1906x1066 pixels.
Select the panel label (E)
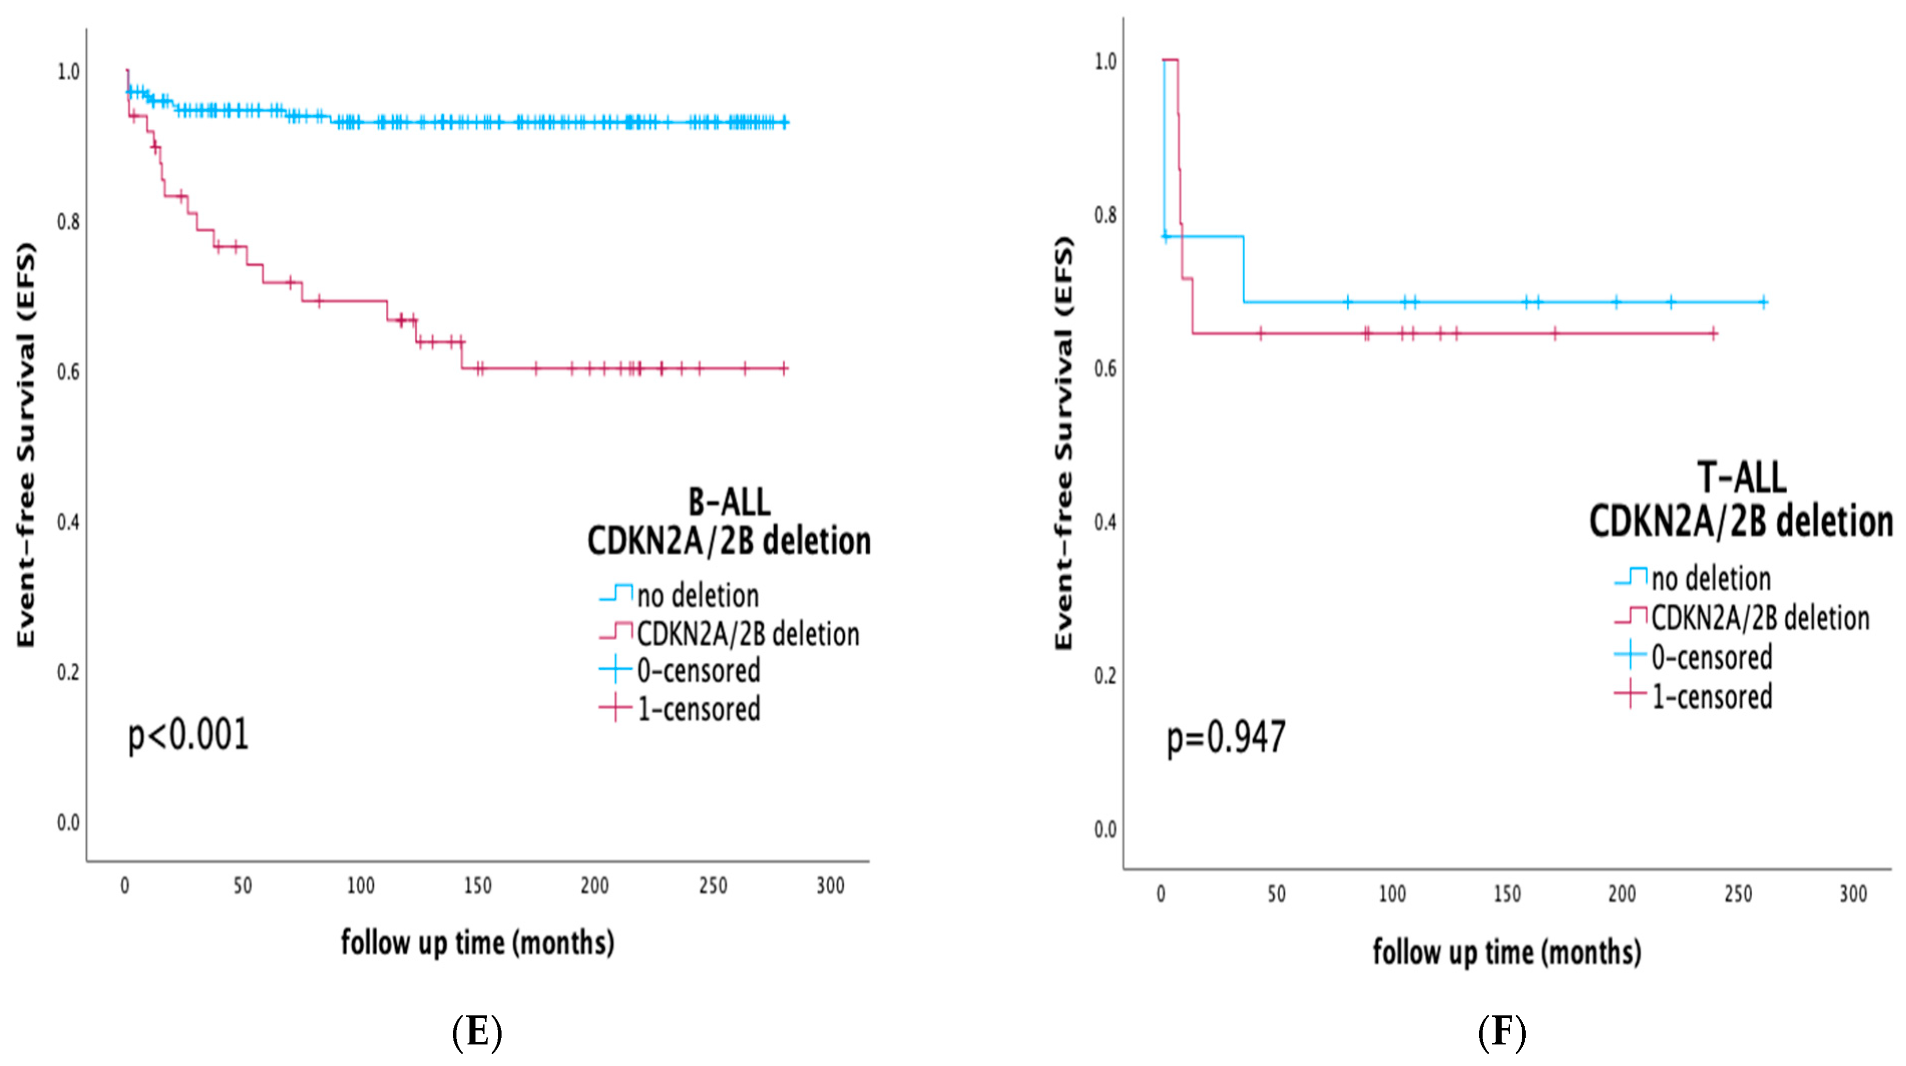[476, 1032]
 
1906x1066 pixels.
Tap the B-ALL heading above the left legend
[729, 503]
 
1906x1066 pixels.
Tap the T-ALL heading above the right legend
[1741, 477]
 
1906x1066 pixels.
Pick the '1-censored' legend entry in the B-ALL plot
[698, 709]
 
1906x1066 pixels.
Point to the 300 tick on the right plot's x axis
[1853, 894]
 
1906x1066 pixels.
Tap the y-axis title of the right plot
[1063, 444]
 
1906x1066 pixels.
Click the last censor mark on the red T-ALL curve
[1714, 334]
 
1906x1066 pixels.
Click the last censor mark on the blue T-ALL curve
[1763, 302]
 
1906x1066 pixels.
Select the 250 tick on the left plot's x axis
[712, 886]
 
